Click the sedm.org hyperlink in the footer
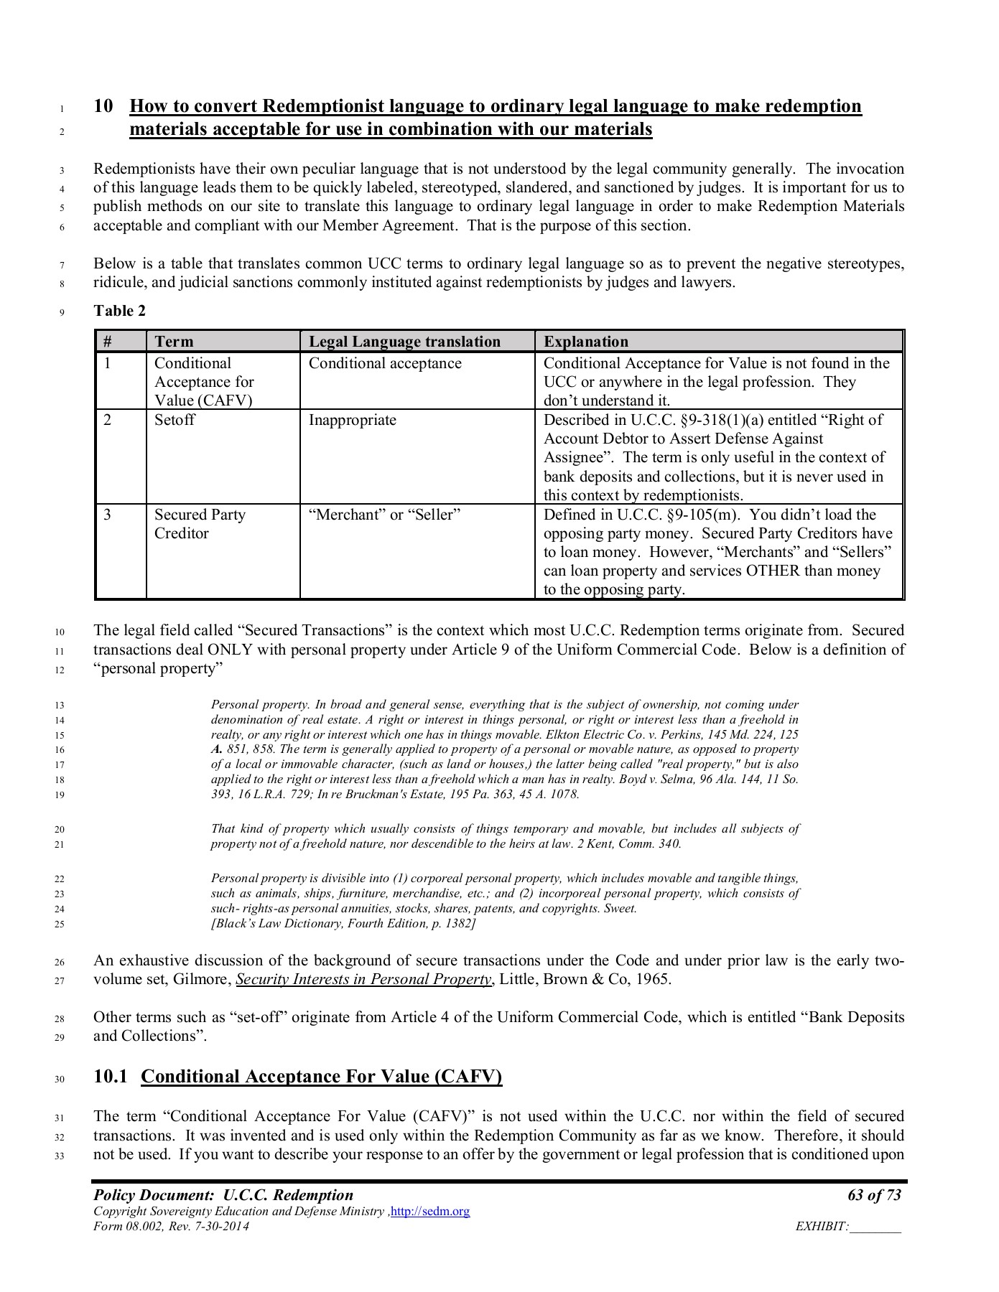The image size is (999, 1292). (429, 1211)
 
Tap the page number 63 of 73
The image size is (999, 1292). (873, 1195)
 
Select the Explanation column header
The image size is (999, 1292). (585, 342)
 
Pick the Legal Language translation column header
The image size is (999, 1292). (404, 342)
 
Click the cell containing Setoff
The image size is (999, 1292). (175, 420)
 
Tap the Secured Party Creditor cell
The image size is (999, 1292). (199, 524)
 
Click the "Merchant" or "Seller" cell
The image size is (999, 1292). (384, 515)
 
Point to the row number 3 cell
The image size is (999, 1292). (108, 515)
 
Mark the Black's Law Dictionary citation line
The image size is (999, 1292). (343, 923)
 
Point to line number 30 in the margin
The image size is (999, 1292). (60, 1078)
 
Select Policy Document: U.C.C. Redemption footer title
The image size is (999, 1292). (223, 1195)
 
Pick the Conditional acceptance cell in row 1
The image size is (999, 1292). (385, 363)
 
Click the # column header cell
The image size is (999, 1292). (108, 342)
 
